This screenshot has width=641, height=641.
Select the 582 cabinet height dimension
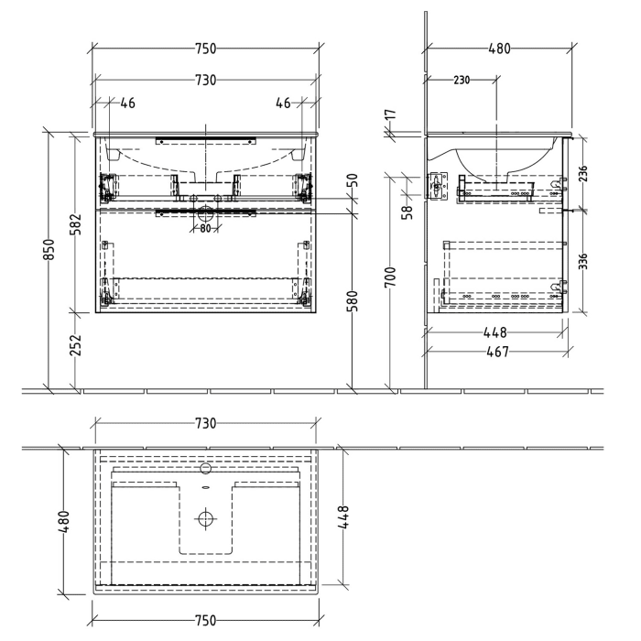tap(77, 223)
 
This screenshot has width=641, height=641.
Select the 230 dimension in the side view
tap(461, 81)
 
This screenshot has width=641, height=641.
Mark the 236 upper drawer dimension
tap(582, 172)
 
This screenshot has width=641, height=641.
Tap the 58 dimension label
tap(408, 210)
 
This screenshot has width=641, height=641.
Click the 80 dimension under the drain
tap(206, 229)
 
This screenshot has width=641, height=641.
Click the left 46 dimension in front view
tap(126, 103)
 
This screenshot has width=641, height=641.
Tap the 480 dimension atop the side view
tap(499, 48)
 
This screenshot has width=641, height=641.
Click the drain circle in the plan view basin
tap(206, 519)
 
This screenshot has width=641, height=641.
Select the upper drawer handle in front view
tap(206, 140)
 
